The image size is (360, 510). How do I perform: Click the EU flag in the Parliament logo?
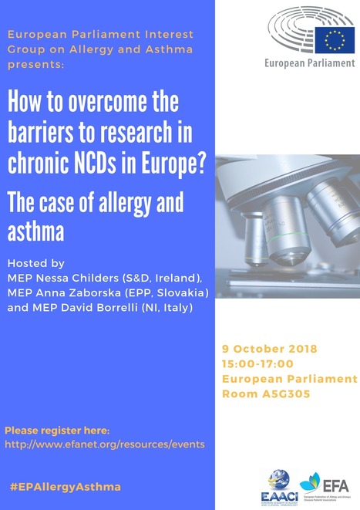click(335, 38)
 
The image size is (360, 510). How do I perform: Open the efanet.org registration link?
click(104, 444)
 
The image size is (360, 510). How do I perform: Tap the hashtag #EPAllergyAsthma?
click(66, 488)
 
